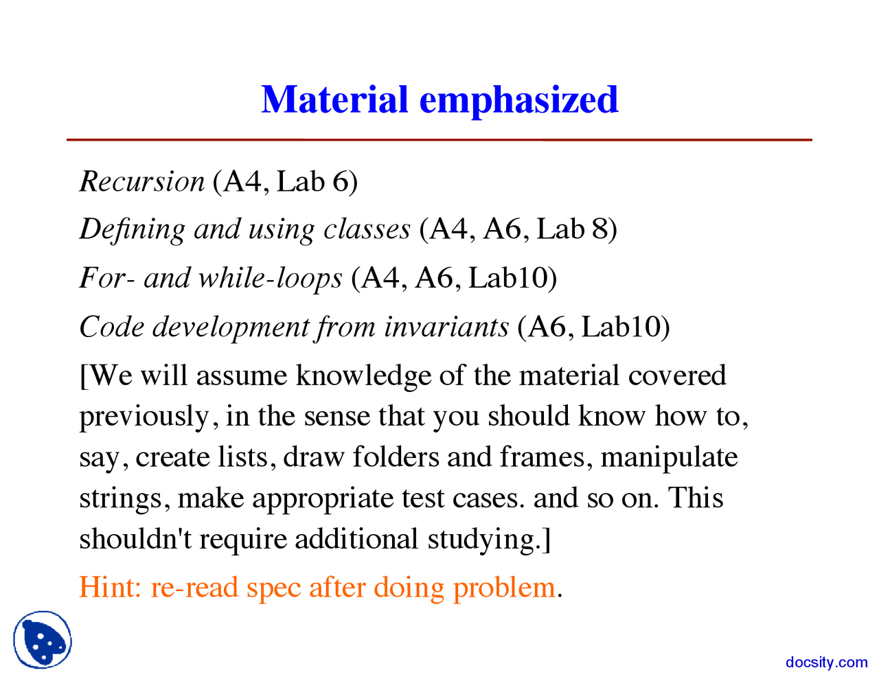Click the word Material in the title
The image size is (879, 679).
point(334,100)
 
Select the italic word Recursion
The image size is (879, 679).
point(142,181)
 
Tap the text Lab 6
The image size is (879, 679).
point(313,181)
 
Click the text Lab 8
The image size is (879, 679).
point(572,229)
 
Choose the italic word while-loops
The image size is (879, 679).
point(270,278)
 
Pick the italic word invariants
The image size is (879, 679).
point(446,327)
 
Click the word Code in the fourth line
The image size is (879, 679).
point(112,327)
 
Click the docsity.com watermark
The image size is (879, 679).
point(826,663)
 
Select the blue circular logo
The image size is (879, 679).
point(43,640)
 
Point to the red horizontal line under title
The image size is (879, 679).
point(439,140)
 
